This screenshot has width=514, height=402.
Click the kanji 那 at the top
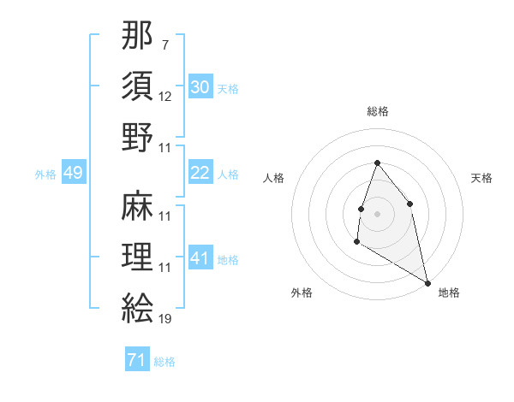(x=137, y=38)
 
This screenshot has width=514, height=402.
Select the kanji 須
(x=137, y=88)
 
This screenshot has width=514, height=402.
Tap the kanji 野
(x=137, y=138)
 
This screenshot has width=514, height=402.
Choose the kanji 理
(x=137, y=257)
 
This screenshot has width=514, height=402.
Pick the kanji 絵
(x=137, y=307)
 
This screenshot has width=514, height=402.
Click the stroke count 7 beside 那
(x=164, y=43)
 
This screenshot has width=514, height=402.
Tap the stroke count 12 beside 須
(x=165, y=98)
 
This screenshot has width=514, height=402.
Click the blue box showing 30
(x=200, y=86)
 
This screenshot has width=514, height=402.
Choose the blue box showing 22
(x=200, y=173)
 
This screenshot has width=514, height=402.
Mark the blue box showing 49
(x=74, y=173)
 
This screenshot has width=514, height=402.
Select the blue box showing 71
(x=136, y=360)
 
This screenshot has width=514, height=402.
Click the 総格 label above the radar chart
(x=377, y=111)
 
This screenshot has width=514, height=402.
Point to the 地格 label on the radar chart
(x=449, y=293)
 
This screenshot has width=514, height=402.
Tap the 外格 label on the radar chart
(x=302, y=293)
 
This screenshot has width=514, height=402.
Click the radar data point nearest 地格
(x=427, y=282)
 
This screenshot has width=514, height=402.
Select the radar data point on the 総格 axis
(x=377, y=163)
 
